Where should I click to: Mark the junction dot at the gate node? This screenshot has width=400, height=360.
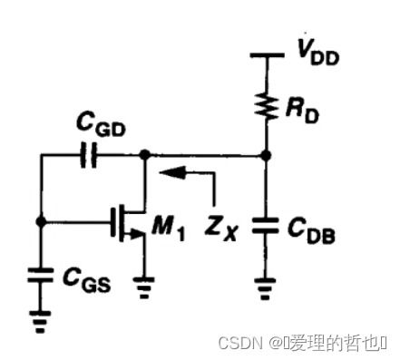click(39, 220)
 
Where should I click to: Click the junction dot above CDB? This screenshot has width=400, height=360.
click(265, 156)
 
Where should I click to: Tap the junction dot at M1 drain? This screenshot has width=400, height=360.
click(143, 156)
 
